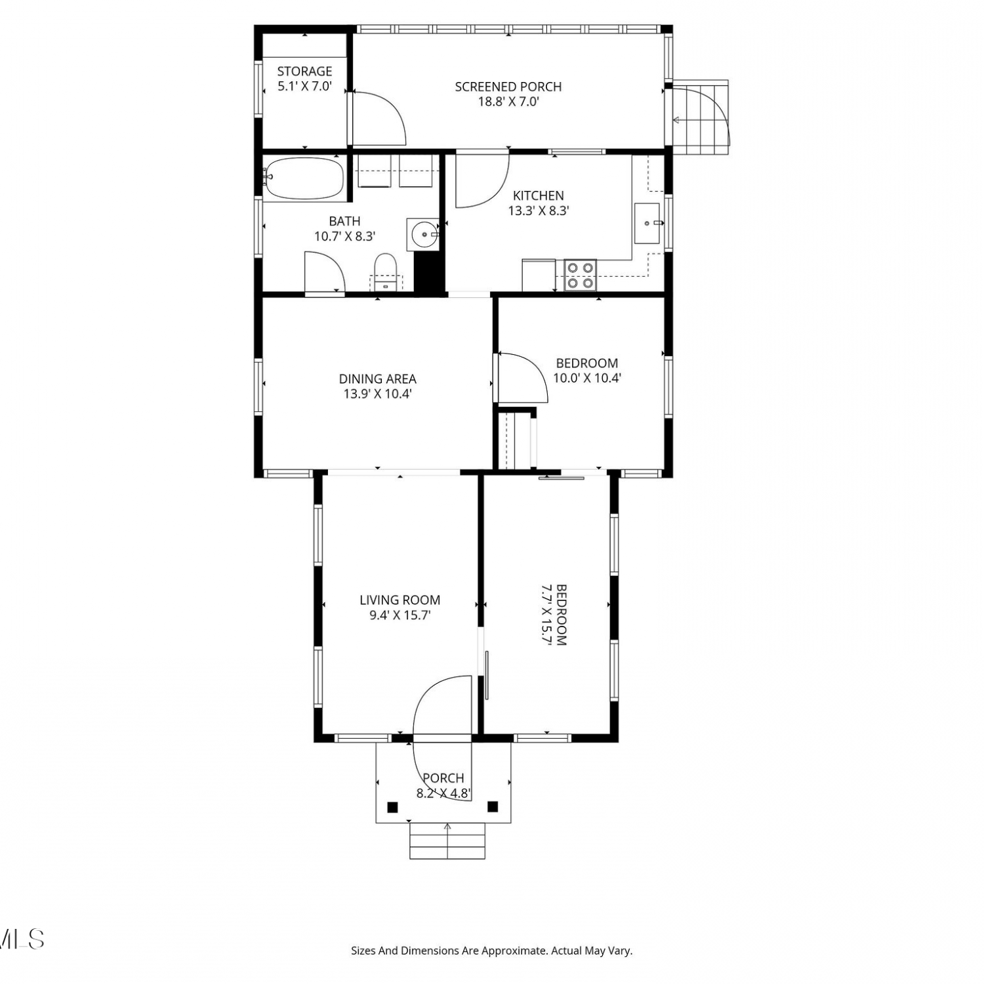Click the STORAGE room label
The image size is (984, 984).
(x=304, y=71)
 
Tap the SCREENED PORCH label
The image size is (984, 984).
(x=508, y=87)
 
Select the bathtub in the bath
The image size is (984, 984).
(x=304, y=178)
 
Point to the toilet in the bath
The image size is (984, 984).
(x=386, y=273)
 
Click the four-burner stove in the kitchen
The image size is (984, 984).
(x=580, y=276)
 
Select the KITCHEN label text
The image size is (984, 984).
(x=538, y=195)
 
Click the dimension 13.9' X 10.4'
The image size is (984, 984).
(x=377, y=394)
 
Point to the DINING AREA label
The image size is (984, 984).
(x=377, y=379)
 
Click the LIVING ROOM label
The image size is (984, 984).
(x=400, y=600)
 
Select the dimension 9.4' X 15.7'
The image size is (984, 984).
(x=400, y=615)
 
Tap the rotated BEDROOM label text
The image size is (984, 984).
(x=561, y=615)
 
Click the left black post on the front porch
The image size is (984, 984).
(x=392, y=807)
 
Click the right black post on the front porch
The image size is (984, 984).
(x=493, y=807)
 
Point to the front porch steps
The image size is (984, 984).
(x=447, y=841)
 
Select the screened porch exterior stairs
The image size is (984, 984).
(x=701, y=117)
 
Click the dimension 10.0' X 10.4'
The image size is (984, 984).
(x=586, y=378)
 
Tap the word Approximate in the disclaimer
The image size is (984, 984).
(x=514, y=951)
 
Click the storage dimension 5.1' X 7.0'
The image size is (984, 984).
(x=304, y=86)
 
